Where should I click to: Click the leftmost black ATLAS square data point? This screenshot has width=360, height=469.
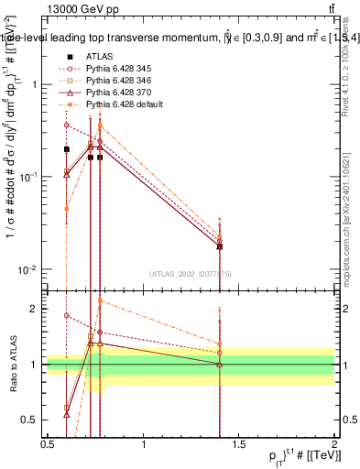67,148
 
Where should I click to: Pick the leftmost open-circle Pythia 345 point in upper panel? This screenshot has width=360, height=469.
67,125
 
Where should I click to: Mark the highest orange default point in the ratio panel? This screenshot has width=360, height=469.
100,300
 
